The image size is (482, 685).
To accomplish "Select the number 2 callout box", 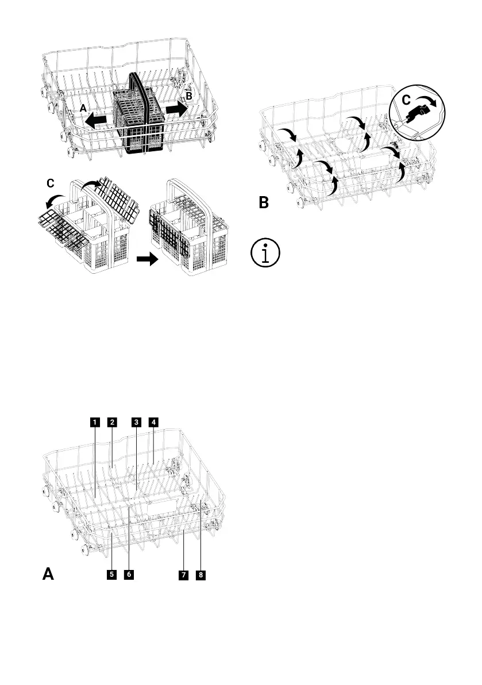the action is coord(113,422).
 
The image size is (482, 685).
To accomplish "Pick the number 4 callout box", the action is coord(153,422).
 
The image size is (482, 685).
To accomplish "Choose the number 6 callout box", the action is coord(129,574).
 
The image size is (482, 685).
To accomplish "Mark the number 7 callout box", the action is coord(183,574).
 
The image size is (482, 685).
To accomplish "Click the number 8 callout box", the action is coord(200,574).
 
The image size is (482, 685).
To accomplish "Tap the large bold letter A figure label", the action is coord(50,574).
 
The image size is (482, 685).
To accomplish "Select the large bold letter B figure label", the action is coord(264,202).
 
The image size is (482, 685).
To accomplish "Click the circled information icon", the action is coord(265,254).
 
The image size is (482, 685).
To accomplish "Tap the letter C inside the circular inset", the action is coord(406,100).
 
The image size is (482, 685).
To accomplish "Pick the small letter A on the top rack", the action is coord(83,108).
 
